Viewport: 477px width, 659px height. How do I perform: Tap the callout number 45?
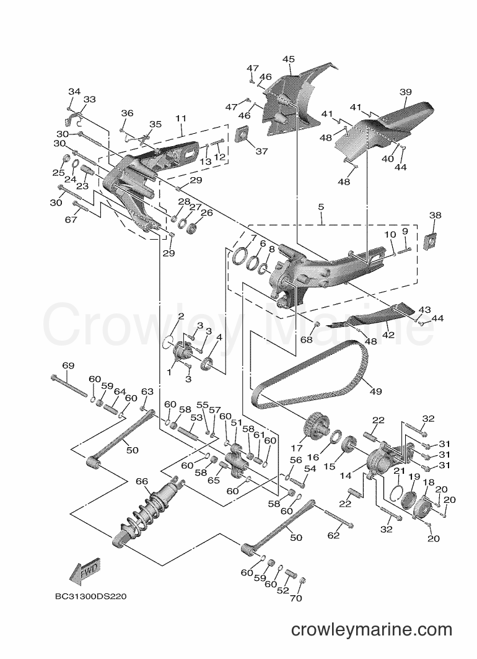tap(289, 59)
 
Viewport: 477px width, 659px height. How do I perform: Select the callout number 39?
tap(405, 92)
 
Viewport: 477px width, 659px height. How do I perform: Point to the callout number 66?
tap(142, 481)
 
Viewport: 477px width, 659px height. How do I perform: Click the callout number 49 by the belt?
tap(375, 391)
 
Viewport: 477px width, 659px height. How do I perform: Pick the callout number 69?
tap(68, 365)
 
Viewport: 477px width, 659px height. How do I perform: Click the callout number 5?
tap(321, 207)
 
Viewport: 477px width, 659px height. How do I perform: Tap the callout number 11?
tap(181, 118)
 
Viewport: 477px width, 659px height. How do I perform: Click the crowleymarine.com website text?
tap(372, 630)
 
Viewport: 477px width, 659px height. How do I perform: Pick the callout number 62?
tap(333, 535)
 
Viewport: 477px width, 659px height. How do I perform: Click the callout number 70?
tap(296, 598)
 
